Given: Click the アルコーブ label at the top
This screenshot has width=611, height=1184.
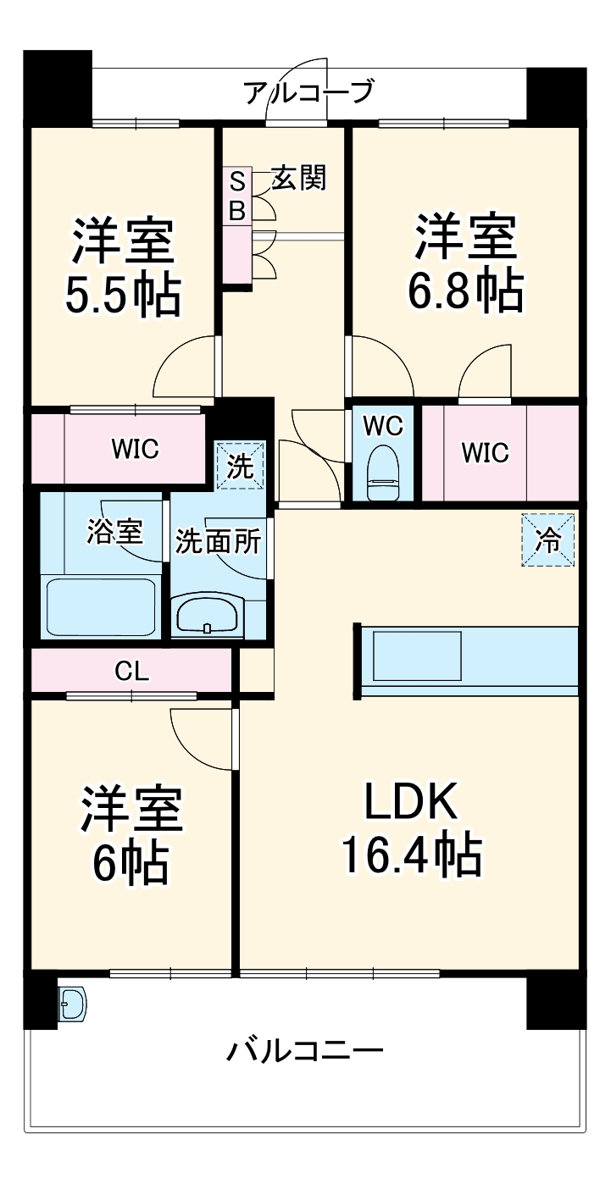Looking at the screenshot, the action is pyautogui.click(x=309, y=91).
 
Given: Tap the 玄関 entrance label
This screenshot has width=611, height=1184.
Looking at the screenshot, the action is pyautogui.click(x=299, y=178).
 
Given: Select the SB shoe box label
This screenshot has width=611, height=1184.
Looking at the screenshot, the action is pyautogui.click(x=237, y=196).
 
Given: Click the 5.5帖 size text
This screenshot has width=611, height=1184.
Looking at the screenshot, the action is pyautogui.click(x=123, y=295).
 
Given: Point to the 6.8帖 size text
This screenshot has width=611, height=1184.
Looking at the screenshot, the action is pyautogui.click(x=465, y=290).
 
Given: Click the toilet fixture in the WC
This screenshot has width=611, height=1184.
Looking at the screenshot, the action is pyautogui.click(x=382, y=473).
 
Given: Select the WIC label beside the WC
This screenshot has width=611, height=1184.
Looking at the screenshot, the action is pyautogui.click(x=485, y=453).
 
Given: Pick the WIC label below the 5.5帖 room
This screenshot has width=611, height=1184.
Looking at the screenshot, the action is pyautogui.click(x=136, y=449).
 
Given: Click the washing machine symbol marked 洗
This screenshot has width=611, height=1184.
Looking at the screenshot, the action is pyautogui.click(x=240, y=465).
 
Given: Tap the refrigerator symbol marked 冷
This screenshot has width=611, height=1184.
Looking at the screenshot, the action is pyautogui.click(x=547, y=539).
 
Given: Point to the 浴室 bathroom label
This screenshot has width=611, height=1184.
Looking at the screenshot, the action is pyautogui.click(x=114, y=531).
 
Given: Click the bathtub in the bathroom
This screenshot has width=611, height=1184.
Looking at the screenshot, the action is pyautogui.click(x=101, y=608).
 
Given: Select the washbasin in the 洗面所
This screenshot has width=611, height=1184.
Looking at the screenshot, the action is pyautogui.click(x=208, y=614).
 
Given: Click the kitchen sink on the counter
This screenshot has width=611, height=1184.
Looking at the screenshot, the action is pyautogui.click(x=417, y=656).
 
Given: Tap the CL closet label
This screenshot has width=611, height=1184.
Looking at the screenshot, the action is pyautogui.click(x=131, y=672).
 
